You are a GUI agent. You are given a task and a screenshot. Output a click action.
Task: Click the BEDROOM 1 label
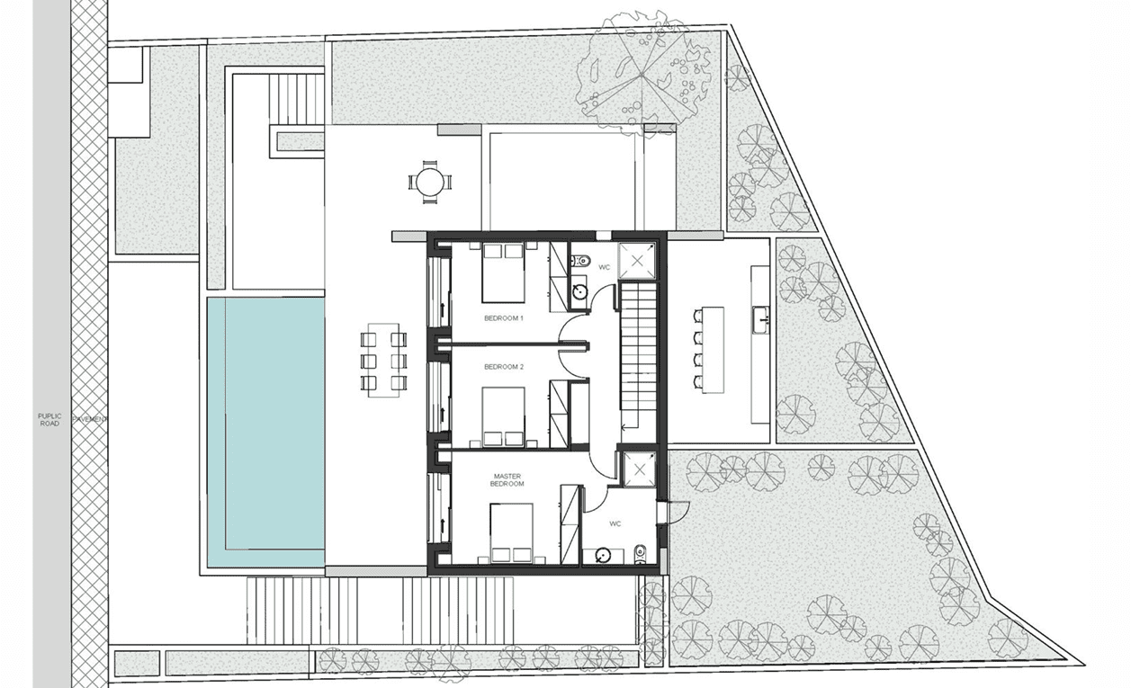(503, 318)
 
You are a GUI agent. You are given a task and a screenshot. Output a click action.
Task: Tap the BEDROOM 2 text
(503, 367)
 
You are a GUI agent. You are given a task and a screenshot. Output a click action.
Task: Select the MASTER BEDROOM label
(507, 480)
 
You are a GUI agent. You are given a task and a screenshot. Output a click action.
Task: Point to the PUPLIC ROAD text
(49, 420)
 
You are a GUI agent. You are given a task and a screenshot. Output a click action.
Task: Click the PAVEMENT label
(90, 419)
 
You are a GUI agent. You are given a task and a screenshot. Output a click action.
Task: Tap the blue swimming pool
(265, 432)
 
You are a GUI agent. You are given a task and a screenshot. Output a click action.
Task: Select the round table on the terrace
(430, 182)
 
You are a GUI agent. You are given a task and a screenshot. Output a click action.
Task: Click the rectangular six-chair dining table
(383, 361)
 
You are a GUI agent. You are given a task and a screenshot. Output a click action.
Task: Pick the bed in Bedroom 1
(503, 273)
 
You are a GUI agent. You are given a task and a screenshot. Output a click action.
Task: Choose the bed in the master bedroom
(511, 532)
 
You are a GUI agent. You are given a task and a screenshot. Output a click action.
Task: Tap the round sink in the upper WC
(580, 291)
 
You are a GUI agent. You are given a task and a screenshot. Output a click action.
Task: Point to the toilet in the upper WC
(580, 262)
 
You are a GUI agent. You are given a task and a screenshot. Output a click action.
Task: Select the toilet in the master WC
(639, 554)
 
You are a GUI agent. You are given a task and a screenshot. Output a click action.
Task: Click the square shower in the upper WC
(637, 261)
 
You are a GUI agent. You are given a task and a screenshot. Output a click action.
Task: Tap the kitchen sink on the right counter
(761, 319)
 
